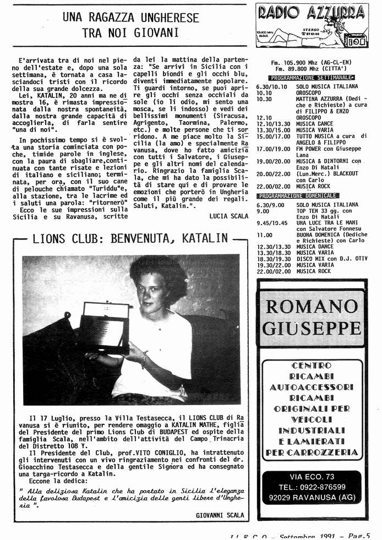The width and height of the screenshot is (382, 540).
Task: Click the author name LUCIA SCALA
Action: pyautogui.click(x=228, y=216)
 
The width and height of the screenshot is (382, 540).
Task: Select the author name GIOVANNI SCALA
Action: pyautogui.click(x=219, y=515)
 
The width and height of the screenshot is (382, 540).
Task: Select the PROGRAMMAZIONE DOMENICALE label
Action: pyautogui.click(x=299, y=195)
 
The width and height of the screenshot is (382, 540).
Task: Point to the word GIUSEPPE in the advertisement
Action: pyautogui.click(x=312, y=328)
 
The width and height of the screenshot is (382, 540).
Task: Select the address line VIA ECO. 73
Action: pyautogui.click(x=312, y=476)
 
